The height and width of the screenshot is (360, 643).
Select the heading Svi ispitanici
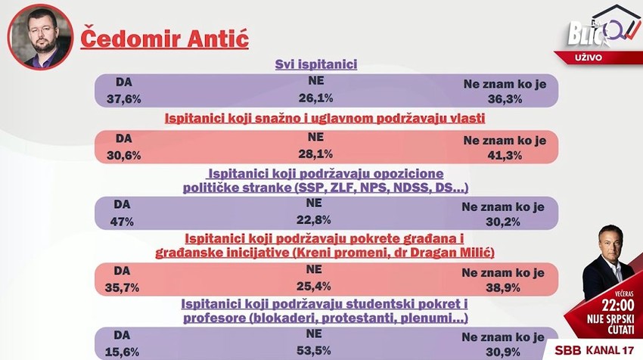pyautogui.click(x=315, y=65)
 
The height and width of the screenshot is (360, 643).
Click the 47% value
pyautogui.click(x=123, y=222)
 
